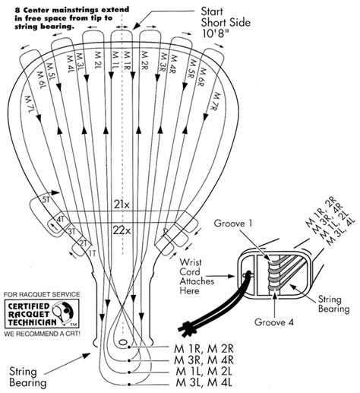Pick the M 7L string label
point(29,107)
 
